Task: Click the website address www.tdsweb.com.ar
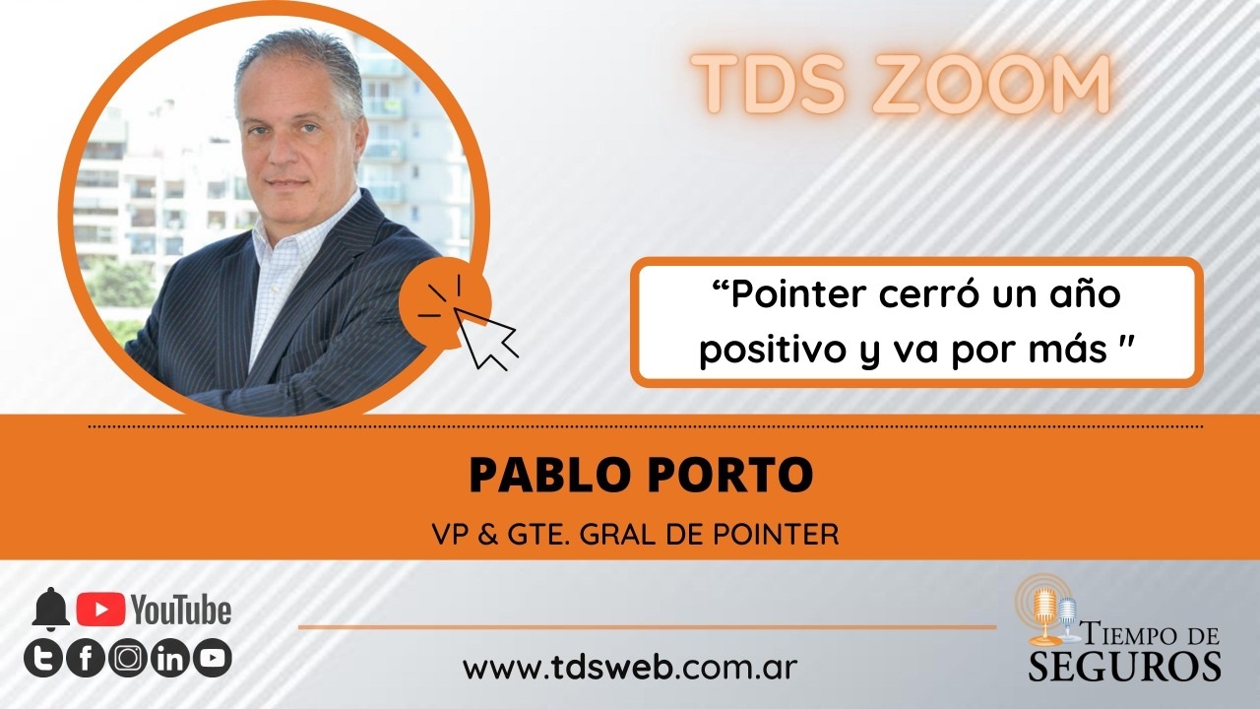pos(630,668)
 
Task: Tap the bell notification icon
pos(50,610)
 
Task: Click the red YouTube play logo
pos(101,610)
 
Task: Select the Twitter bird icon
pos(42,658)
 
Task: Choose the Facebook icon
pos(86,658)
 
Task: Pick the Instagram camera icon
pos(128,658)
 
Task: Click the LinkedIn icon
pos(170,658)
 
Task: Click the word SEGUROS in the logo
pos(1124,667)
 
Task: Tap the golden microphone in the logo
pos(1045,615)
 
